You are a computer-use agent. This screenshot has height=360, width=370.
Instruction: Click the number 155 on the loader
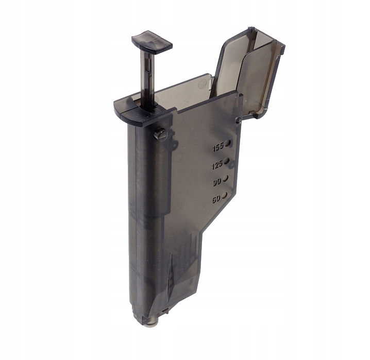218,147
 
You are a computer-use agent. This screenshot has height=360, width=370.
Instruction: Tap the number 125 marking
217,165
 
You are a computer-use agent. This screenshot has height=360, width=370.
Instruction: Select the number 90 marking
217,182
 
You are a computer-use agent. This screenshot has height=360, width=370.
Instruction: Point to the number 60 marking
216,199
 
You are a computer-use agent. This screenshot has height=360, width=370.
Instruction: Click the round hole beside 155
228,143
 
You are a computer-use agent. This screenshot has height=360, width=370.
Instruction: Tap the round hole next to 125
227,161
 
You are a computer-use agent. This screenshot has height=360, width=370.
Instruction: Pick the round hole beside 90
225,178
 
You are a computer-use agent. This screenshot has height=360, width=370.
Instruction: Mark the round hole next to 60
224,195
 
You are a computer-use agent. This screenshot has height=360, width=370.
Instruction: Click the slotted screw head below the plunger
161,135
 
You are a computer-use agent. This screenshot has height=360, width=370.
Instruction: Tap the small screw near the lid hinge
238,120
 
